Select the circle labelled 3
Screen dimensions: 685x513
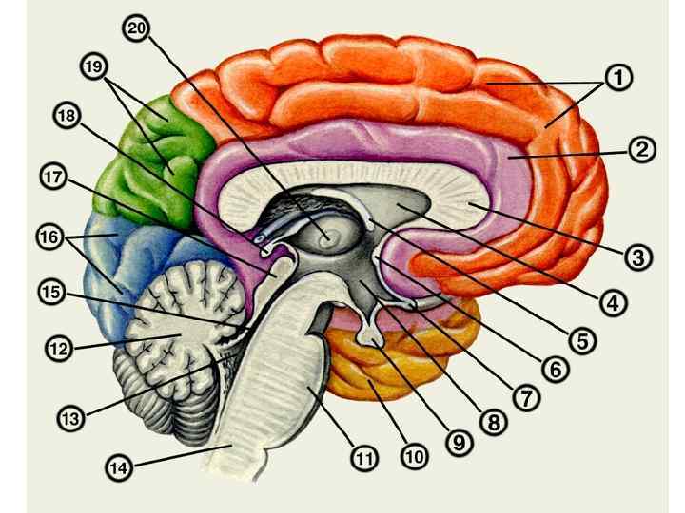pos(637,256)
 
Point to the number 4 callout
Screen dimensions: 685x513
pos(613,303)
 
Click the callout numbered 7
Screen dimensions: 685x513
pos(522,398)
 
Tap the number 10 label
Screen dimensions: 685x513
pos(413,456)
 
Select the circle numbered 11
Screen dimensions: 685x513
pos(364,459)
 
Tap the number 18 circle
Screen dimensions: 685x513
pos(67,116)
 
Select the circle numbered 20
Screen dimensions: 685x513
pos(135,28)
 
